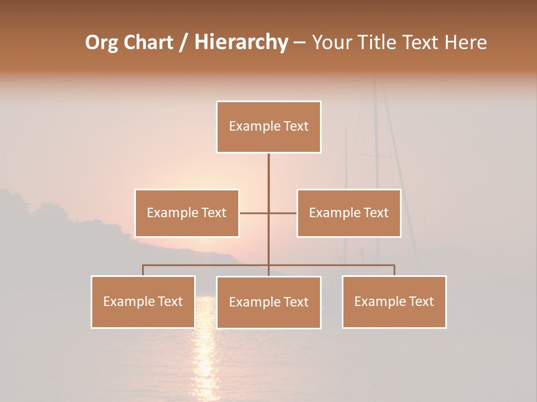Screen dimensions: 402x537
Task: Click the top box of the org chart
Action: (268, 127)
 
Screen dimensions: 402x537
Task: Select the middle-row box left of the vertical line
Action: (187, 213)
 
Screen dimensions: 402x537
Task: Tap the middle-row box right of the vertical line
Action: (348, 213)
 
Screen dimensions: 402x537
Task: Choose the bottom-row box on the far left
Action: (143, 301)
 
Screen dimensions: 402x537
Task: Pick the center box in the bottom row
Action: (268, 302)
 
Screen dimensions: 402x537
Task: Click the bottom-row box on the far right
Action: (394, 301)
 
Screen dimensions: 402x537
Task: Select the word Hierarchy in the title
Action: (241, 42)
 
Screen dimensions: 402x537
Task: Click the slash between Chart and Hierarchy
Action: (183, 42)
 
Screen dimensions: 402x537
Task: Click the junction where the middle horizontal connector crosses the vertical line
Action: (268, 213)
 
